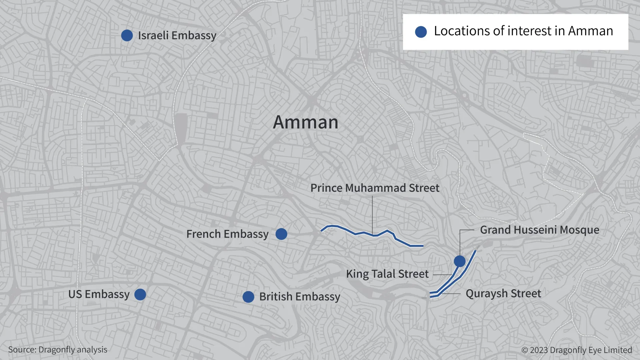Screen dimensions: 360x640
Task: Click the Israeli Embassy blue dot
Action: tap(127, 35)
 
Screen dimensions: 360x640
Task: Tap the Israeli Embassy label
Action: tap(177, 35)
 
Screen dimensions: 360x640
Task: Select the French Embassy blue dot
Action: tap(281, 234)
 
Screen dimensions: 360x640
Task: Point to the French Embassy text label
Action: tap(227, 234)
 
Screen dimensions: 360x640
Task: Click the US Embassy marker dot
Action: tap(140, 294)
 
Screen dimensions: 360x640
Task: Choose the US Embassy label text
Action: tap(99, 294)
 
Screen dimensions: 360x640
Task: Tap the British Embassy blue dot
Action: tap(248, 297)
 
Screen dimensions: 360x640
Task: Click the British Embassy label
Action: tap(300, 297)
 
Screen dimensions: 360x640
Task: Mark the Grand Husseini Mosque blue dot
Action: tap(460, 261)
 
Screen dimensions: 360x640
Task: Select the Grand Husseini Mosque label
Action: tap(539, 230)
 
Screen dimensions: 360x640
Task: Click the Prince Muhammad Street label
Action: tap(375, 188)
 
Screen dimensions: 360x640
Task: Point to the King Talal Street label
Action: tap(387, 274)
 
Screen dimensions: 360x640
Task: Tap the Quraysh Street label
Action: tap(503, 294)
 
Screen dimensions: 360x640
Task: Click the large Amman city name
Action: tap(306, 122)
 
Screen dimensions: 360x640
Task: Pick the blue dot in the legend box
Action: tap(421, 32)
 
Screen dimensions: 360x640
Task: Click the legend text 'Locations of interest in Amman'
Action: tap(523, 31)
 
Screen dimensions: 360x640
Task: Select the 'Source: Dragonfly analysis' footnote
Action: tap(58, 349)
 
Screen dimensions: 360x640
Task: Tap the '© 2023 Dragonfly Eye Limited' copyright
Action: tap(577, 350)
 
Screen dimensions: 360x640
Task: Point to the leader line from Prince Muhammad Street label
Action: tap(372, 213)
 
